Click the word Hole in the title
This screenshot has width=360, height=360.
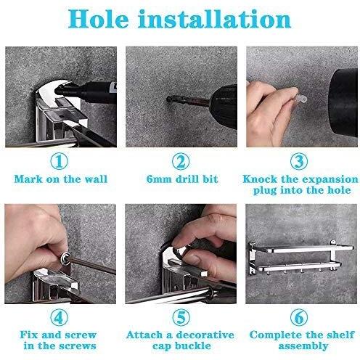click(99, 20)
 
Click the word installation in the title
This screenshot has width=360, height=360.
click(214, 20)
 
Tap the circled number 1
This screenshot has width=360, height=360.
click(60, 161)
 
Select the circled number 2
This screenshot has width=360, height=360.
click(181, 161)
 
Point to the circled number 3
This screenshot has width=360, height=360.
click(299, 161)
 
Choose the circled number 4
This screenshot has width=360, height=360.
click(60, 317)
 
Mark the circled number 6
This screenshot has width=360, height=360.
click(299, 317)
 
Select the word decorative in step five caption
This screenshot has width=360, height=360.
click(205, 335)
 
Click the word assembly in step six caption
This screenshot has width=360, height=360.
click(303, 346)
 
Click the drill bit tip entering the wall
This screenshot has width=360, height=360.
click(168, 99)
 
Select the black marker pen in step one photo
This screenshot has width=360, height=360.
click(86, 91)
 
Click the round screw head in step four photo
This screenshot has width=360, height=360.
click(65, 258)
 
